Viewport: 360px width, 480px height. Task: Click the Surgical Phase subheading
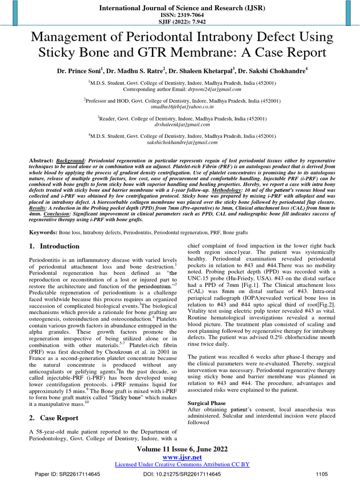pos(207,403)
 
